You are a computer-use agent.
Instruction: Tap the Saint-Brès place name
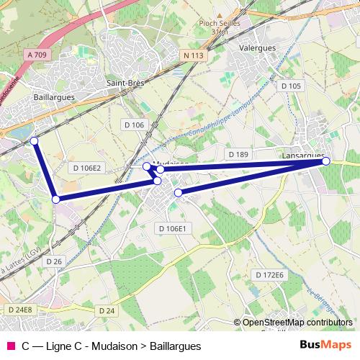125,83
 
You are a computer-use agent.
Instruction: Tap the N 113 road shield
194,55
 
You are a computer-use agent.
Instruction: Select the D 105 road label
291,86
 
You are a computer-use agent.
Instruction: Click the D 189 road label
238,154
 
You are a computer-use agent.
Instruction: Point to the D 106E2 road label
88,168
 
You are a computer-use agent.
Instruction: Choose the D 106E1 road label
172,228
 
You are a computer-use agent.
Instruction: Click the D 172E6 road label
270,275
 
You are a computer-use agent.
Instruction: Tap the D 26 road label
54,261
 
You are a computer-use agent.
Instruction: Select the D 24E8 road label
20,310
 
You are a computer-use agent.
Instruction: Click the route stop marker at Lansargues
326,161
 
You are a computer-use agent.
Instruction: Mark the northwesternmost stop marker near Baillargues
34,140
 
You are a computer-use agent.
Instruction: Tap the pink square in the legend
10,346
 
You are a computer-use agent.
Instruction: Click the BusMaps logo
325,346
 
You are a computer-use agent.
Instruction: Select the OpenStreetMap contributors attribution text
297,323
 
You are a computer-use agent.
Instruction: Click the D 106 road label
134,125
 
